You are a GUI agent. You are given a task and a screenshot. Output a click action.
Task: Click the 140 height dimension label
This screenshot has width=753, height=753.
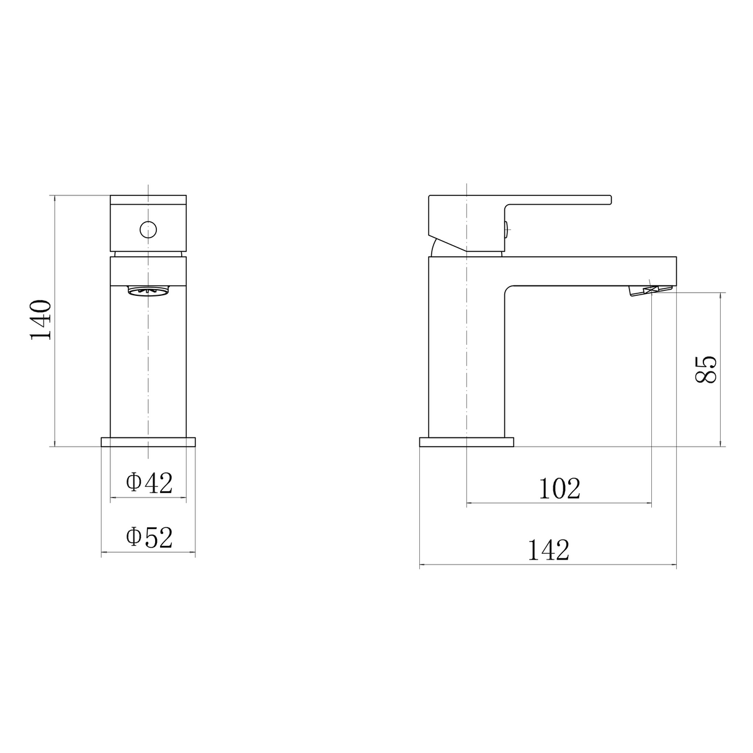click(x=41, y=319)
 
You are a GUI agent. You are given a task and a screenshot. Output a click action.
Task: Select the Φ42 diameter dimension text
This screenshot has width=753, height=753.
click(x=149, y=483)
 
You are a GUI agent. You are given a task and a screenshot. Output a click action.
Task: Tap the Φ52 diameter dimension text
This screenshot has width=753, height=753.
click(x=149, y=537)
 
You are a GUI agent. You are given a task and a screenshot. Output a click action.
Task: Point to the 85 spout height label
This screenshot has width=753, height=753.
click(x=706, y=370)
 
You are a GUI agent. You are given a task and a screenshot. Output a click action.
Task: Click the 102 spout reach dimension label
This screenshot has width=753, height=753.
click(x=559, y=489)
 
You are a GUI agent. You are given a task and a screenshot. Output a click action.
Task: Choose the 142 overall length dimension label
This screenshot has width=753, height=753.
click(x=548, y=550)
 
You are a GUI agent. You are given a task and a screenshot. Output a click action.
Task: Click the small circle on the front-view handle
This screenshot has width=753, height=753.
click(x=148, y=229)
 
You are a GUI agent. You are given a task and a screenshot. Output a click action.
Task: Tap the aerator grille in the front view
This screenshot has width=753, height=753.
click(x=148, y=290)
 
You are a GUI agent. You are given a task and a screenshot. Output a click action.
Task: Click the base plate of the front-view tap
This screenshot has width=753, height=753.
click(x=148, y=442)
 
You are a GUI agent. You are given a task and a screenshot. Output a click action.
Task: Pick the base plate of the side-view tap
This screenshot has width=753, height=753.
click(x=466, y=442)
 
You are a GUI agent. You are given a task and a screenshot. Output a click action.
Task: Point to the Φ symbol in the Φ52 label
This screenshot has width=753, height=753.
click(x=134, y=537)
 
